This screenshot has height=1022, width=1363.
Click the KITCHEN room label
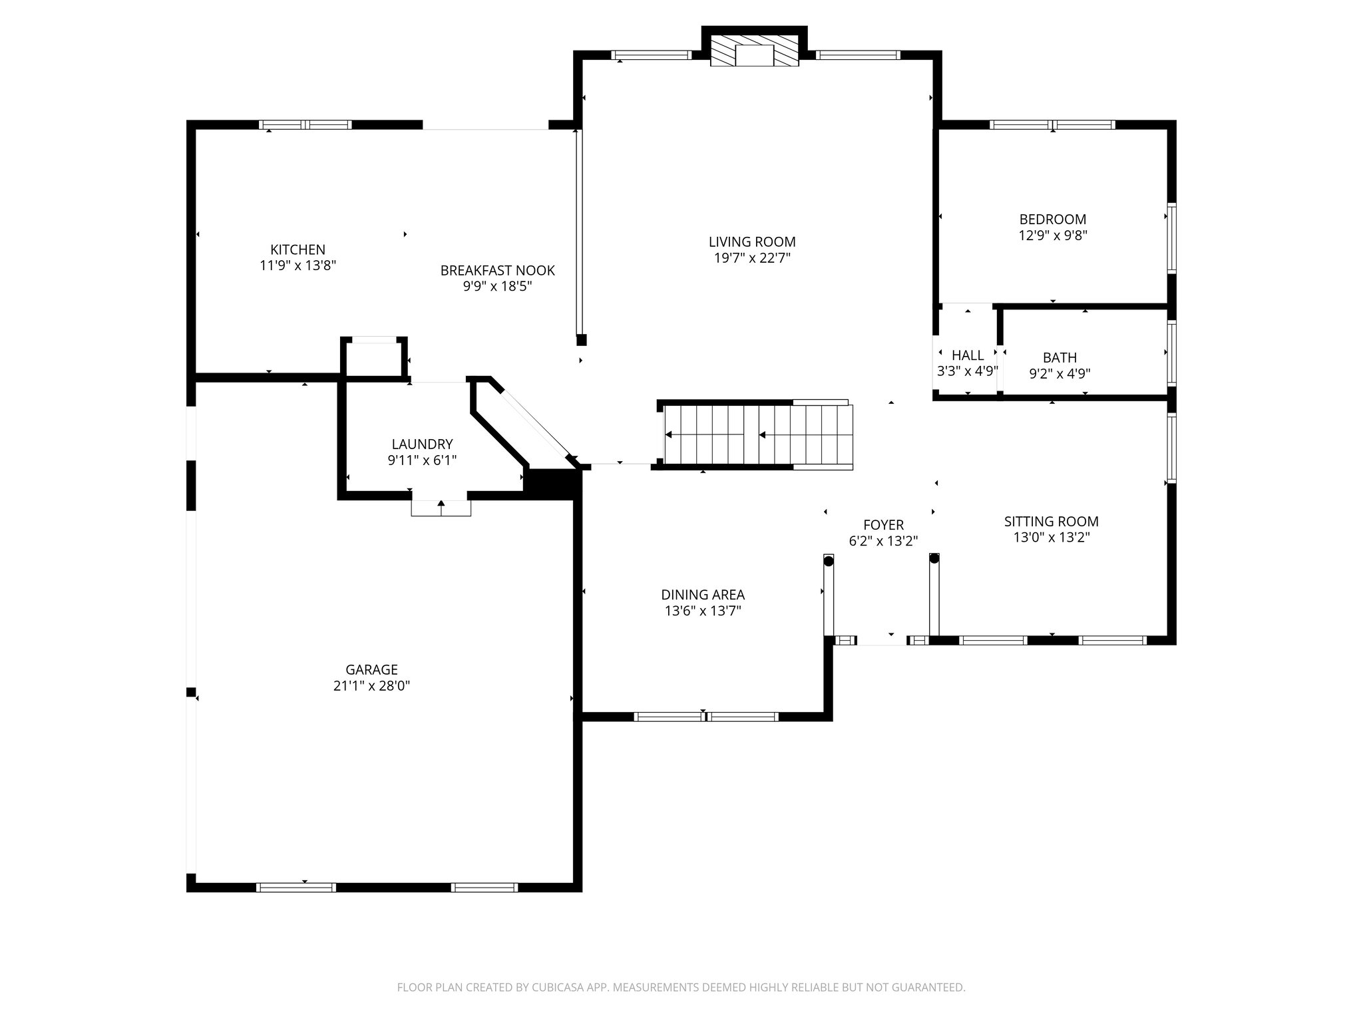(297, 250)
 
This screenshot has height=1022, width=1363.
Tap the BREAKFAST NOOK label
(497, 271)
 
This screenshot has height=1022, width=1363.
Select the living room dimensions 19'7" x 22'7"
(752, 258)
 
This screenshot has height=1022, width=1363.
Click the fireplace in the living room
(755, 51)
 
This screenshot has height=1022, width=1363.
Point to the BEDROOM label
(1052, 219)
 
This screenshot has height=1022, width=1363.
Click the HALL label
(968, 355)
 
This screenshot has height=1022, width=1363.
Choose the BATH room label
(1060, 357)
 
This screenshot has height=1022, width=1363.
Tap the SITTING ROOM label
(1051, 522)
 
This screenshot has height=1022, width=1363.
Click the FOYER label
(883, 525)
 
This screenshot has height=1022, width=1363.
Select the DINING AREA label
(703, 595)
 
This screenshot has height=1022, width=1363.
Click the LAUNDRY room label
(422, 444)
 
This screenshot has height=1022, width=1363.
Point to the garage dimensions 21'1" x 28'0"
(371, 686)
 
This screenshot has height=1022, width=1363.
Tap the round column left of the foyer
(829, 561)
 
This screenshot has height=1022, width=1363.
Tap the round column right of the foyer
(934, 559)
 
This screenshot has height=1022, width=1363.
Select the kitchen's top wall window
(305, 124)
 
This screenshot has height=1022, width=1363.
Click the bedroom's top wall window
(1052, 124)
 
